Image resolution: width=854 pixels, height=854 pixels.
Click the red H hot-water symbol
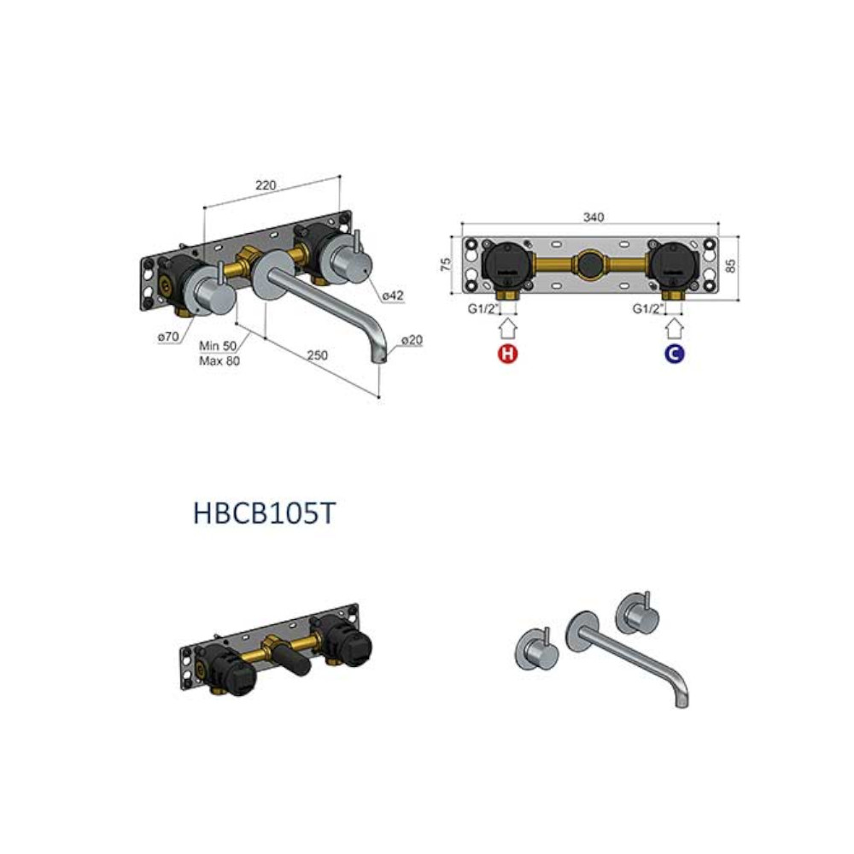[507, 354]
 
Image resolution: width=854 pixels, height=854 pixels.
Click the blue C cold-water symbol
[675, 354]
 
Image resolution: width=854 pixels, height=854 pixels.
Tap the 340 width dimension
[594, 217]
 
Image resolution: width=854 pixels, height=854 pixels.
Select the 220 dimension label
[266, 185]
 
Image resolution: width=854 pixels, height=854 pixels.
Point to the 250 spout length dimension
[317, 355]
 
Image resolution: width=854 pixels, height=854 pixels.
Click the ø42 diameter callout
[393, 295]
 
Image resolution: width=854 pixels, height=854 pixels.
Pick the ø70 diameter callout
[168, 336]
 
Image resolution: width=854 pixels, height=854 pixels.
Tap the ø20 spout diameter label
[412, 340]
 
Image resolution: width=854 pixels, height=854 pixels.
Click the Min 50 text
[218, 346]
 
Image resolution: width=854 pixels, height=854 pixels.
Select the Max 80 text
[219, 360]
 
